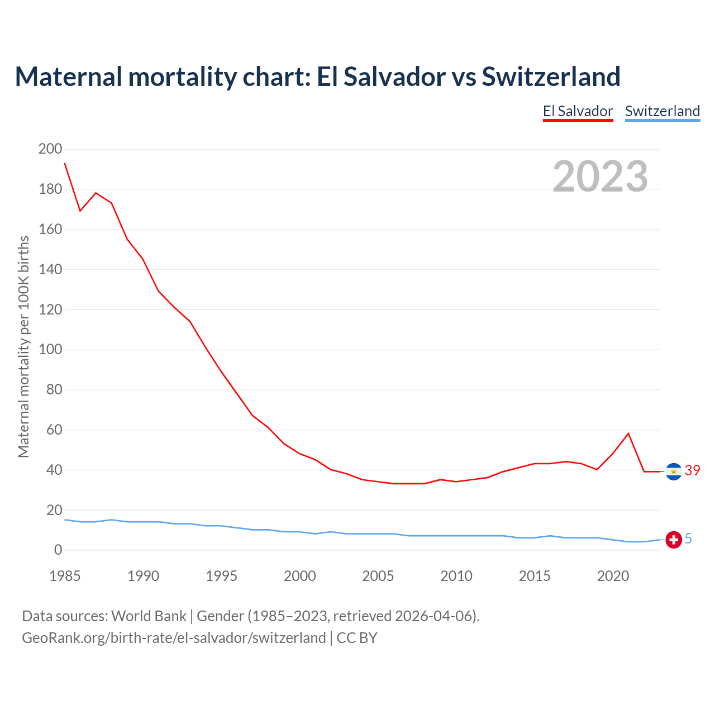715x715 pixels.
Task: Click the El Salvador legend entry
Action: point(578,111)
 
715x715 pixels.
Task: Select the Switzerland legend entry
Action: point(662,111)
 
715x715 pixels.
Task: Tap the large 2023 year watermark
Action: point(600,177)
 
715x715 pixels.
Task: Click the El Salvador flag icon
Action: point(674,471)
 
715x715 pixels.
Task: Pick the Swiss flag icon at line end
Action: point(674,540)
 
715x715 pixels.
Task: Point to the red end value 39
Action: point(692,471)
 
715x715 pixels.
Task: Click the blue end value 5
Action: point(688,538)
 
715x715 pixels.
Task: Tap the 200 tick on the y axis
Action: point(50,149)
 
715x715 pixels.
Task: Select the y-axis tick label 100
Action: point(50,350)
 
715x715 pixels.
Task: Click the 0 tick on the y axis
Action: point(58,550)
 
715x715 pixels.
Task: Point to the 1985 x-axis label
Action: point(65,576)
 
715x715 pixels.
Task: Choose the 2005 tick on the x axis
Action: point(378,576)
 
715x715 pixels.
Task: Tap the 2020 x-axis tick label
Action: point(613,576)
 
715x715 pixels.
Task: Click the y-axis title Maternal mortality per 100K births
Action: point(23,346)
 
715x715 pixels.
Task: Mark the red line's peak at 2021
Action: point(628,433)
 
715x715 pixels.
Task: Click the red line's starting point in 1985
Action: point(65,163)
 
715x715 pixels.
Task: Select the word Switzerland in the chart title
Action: point(551,77)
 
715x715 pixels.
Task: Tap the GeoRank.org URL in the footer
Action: point(174,638)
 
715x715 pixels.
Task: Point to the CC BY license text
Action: point(357,638)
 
